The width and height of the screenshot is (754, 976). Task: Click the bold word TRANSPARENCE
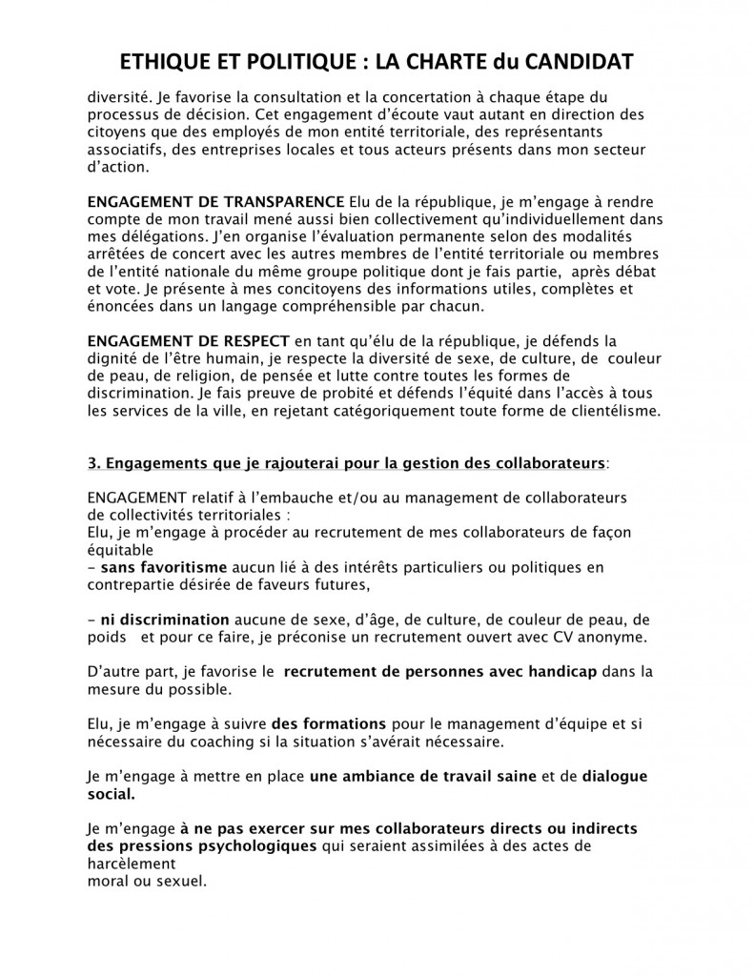283,202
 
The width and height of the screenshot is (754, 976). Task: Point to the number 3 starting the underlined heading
92,463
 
